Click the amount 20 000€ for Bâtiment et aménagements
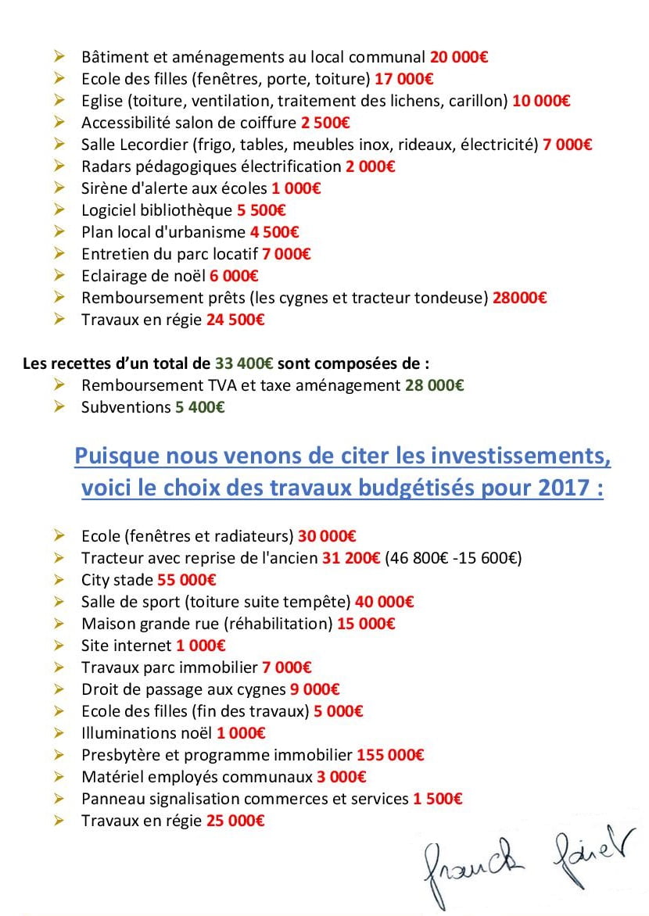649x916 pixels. [460, 57]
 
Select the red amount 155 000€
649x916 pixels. [390, 755]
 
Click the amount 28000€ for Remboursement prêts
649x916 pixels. [519, 298]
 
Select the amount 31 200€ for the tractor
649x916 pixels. [351, 558]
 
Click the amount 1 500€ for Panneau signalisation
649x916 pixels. [437, 799]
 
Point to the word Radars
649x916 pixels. [106, 166]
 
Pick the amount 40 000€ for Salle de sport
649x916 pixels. [385, 602]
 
